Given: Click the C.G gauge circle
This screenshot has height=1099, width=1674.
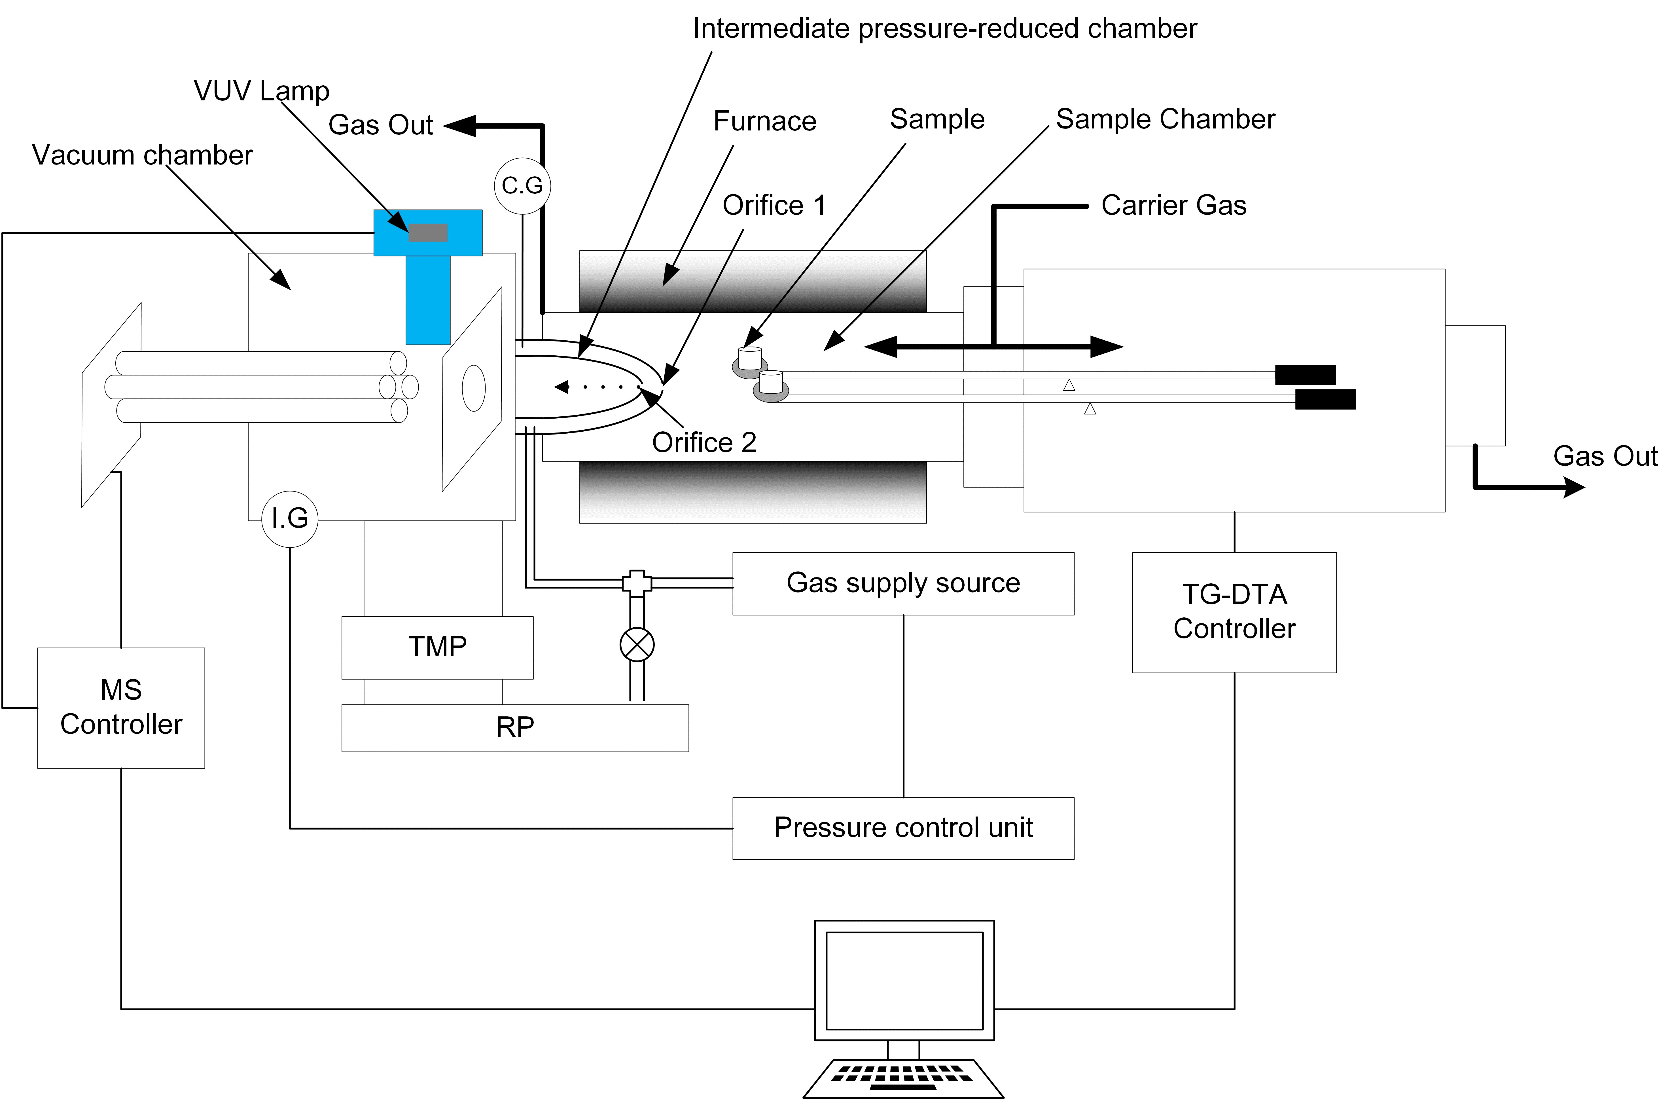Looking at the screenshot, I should point(522,186).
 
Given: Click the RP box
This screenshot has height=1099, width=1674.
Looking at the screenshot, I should point(515,727).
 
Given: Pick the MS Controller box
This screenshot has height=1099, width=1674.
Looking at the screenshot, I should point(121,707).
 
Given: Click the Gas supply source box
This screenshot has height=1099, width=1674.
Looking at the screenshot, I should point(903,583).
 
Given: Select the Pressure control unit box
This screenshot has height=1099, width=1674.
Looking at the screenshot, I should point(903,828).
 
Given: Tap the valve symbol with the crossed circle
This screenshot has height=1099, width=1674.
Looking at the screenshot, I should point(637,644).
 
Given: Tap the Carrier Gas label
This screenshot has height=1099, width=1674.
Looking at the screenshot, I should point(1173,205).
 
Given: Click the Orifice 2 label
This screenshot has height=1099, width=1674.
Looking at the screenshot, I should point(703,442).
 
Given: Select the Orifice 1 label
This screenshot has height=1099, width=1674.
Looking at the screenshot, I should point(774,205).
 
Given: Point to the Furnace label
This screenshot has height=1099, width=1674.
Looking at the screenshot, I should point(764,121).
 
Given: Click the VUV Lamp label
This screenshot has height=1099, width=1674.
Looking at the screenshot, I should point(261,91).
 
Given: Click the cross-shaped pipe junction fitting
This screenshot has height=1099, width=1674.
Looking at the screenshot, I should point(637,583).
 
